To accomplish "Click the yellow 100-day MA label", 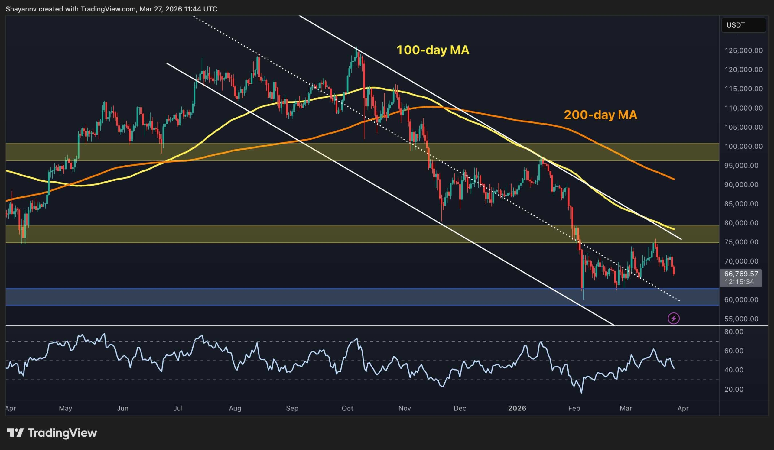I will tap(432, 50).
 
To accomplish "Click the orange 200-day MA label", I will tap(600, 115).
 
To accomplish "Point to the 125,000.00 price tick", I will tap(743, 51).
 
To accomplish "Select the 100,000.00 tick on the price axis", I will tap(743, 146).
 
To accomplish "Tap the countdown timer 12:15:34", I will tap(739, 282).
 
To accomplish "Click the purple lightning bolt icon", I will tap(674, 318).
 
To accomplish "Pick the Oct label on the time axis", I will tap(347, 408).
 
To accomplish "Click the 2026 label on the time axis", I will tap(517, 408).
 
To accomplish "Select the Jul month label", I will tap(178, 408).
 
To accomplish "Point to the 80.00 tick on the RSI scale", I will tap(734, 332).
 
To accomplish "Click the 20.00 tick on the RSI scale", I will tap(734, 389).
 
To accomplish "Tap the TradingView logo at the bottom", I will tap(52, 433).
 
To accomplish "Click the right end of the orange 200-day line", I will tap(674, 179).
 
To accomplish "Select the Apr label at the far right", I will tap(683, 408).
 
